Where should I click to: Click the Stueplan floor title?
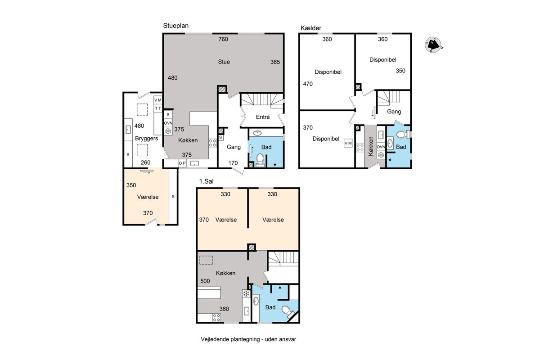tap(176, 26)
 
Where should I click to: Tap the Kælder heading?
tap(311, 28)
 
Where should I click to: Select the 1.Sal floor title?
tap(207, 181)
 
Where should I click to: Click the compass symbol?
tap(433, 45)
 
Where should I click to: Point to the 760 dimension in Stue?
tap(223, 39)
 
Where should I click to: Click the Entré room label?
tap(263, 117)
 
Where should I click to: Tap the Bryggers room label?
tap(147, 139)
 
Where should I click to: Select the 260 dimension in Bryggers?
tap(146, 162)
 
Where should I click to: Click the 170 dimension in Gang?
tap(233, 163)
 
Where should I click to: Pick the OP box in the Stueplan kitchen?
tap(182, 163)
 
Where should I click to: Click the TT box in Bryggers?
tap(158, 108)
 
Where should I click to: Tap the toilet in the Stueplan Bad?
tap(260, 160)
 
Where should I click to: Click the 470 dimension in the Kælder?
tap(308, 84)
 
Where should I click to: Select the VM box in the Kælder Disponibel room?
tap(348, 143)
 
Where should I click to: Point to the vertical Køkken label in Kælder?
tap(371, 146)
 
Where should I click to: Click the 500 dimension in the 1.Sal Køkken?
tap(205, 281)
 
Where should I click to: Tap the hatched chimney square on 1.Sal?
tap(252, 247)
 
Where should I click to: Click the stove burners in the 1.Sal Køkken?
tap(216, 318)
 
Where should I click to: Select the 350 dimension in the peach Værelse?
tap(131, 185)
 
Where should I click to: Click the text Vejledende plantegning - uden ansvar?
tap(248, 339)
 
